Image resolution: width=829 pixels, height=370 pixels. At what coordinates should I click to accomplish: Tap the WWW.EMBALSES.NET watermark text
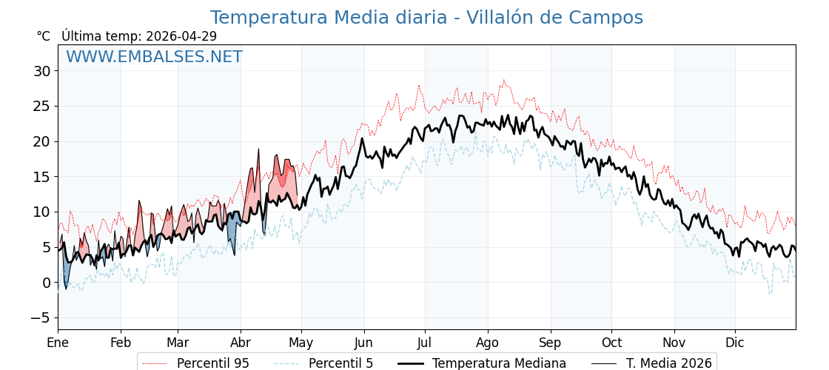(154, 57)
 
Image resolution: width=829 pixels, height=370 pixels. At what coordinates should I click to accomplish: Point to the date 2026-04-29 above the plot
(181, 36)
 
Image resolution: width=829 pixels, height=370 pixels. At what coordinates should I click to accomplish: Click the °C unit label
(43, 36)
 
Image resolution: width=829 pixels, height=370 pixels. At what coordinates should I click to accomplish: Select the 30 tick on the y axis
(41, 71)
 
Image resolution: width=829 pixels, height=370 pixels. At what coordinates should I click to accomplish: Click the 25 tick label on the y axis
(41, 106)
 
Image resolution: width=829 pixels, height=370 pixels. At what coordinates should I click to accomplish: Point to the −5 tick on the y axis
(41, 317)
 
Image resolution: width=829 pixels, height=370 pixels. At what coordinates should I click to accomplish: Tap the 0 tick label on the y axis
(46, 283)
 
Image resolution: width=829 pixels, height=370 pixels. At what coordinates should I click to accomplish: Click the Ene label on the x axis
(58, 343)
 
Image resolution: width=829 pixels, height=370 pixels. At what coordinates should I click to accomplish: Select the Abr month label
(241, 343)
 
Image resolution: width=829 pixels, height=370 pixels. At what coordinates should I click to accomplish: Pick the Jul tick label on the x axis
(425, 343)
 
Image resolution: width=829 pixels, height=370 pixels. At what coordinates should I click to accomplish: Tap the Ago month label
(488, 343)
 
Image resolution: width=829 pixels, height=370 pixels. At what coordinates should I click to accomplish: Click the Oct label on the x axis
(611, 343)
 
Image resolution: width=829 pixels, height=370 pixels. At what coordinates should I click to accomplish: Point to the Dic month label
(735, 343)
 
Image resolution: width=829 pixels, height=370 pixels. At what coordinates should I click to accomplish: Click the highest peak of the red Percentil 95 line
(504, 80)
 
